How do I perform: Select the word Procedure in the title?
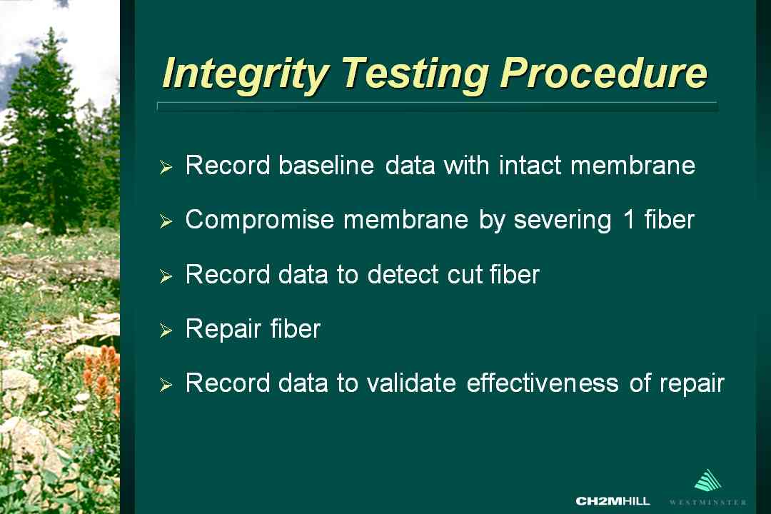tap(603, 74)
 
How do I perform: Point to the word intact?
tap(530, 165)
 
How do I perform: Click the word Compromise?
tap(260, 220)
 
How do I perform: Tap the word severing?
tap(563, 221)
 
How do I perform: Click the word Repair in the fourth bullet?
tap(223, 329)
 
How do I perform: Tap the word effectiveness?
tap(543, 383)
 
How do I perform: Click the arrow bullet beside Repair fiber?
tap(166, 331)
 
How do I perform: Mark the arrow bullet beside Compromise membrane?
tap(166, 221)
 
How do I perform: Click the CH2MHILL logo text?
tap(613, 501)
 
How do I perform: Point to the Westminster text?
tap(708, 502)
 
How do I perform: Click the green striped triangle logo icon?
tap(708, 480)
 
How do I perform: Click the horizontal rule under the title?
tap(437, 106)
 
